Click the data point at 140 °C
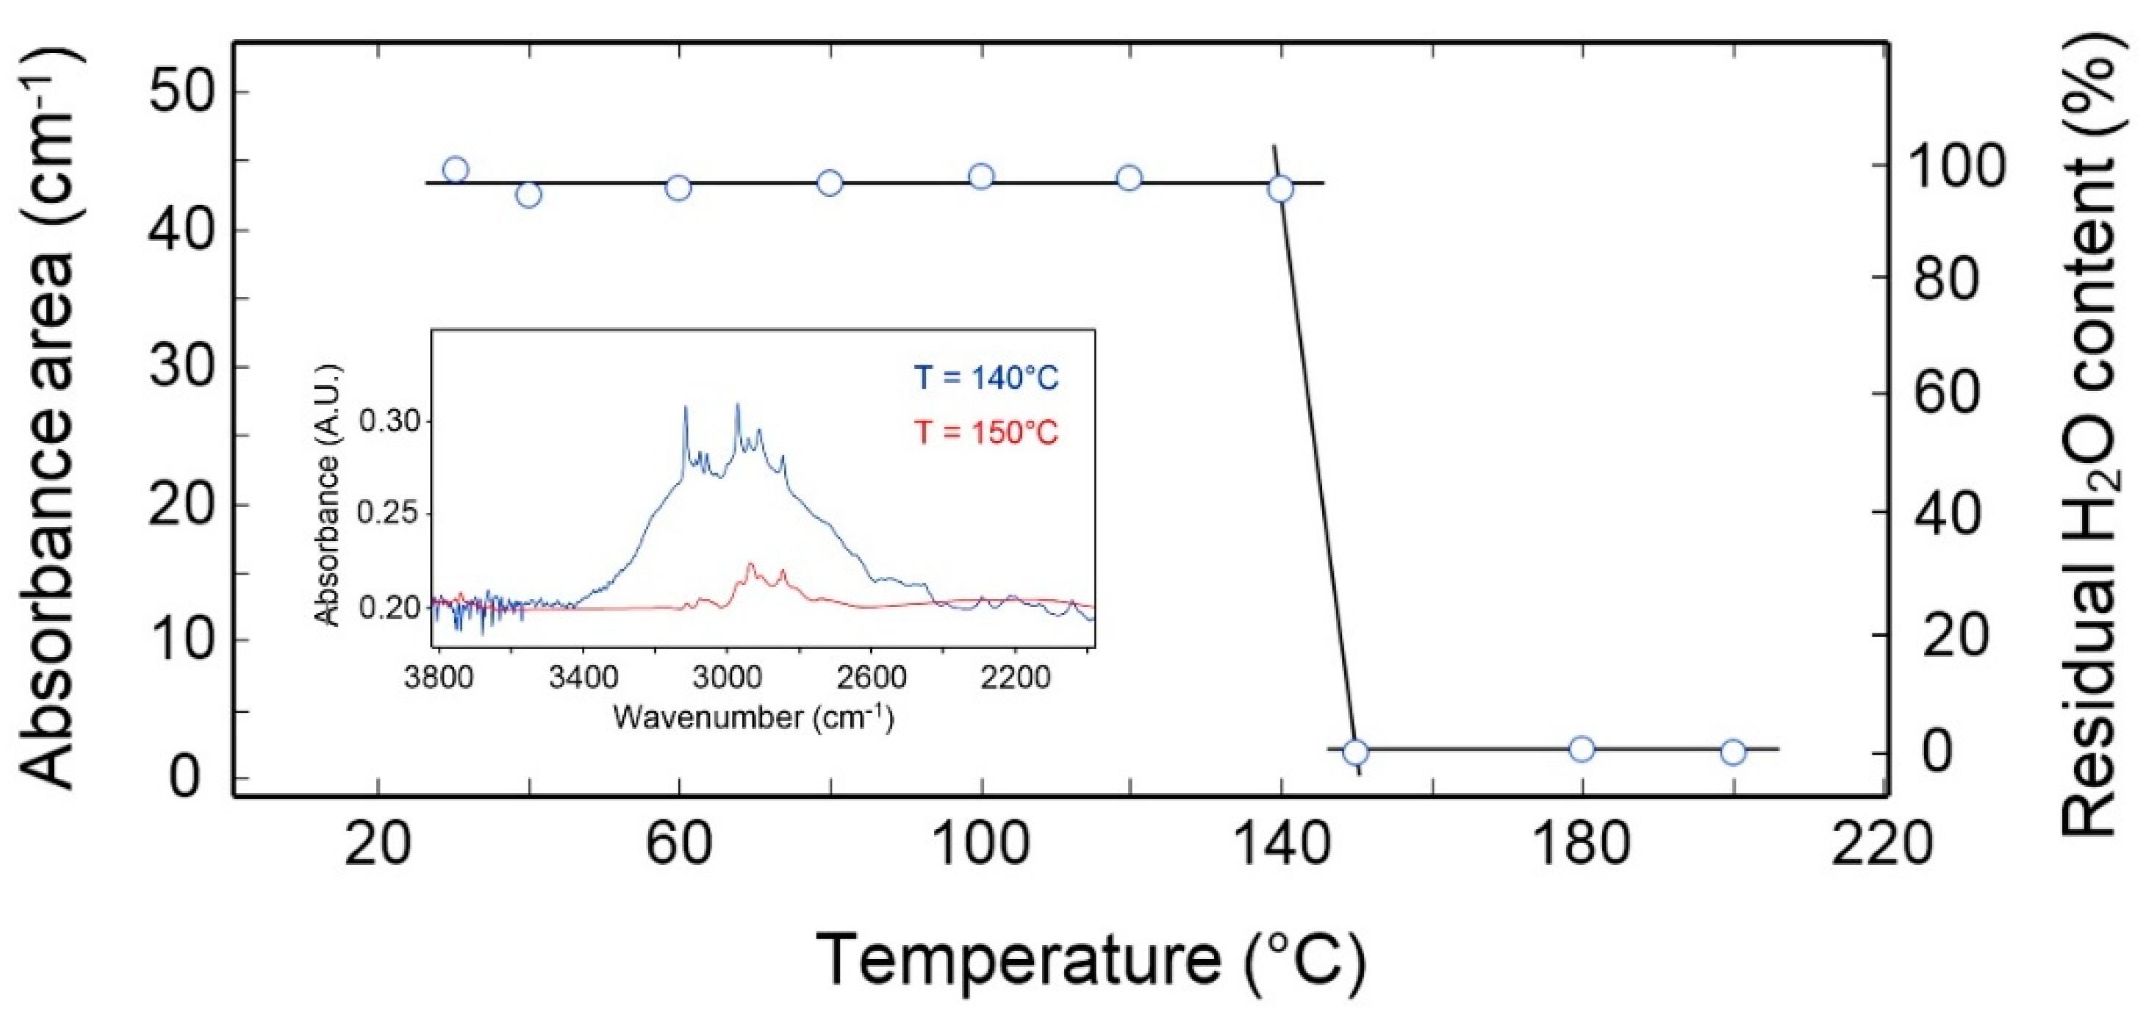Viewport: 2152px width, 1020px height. coord(1280,190)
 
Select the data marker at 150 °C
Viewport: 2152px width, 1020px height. coord(1355,752)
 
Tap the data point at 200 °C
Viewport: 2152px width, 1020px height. coord(1734,752)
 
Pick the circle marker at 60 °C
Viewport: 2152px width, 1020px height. coord(678,188)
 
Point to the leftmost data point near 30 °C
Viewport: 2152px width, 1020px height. coord(455,170)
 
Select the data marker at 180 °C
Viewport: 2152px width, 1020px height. coord(1582,749)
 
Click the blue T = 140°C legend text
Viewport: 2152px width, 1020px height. coord(986,378)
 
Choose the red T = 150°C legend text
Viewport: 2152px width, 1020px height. coord(986,433)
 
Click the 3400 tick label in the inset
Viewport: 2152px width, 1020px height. coord(583,677)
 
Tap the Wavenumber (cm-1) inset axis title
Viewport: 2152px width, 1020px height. coord(753,716)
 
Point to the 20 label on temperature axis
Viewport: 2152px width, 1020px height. coord(378,844)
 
